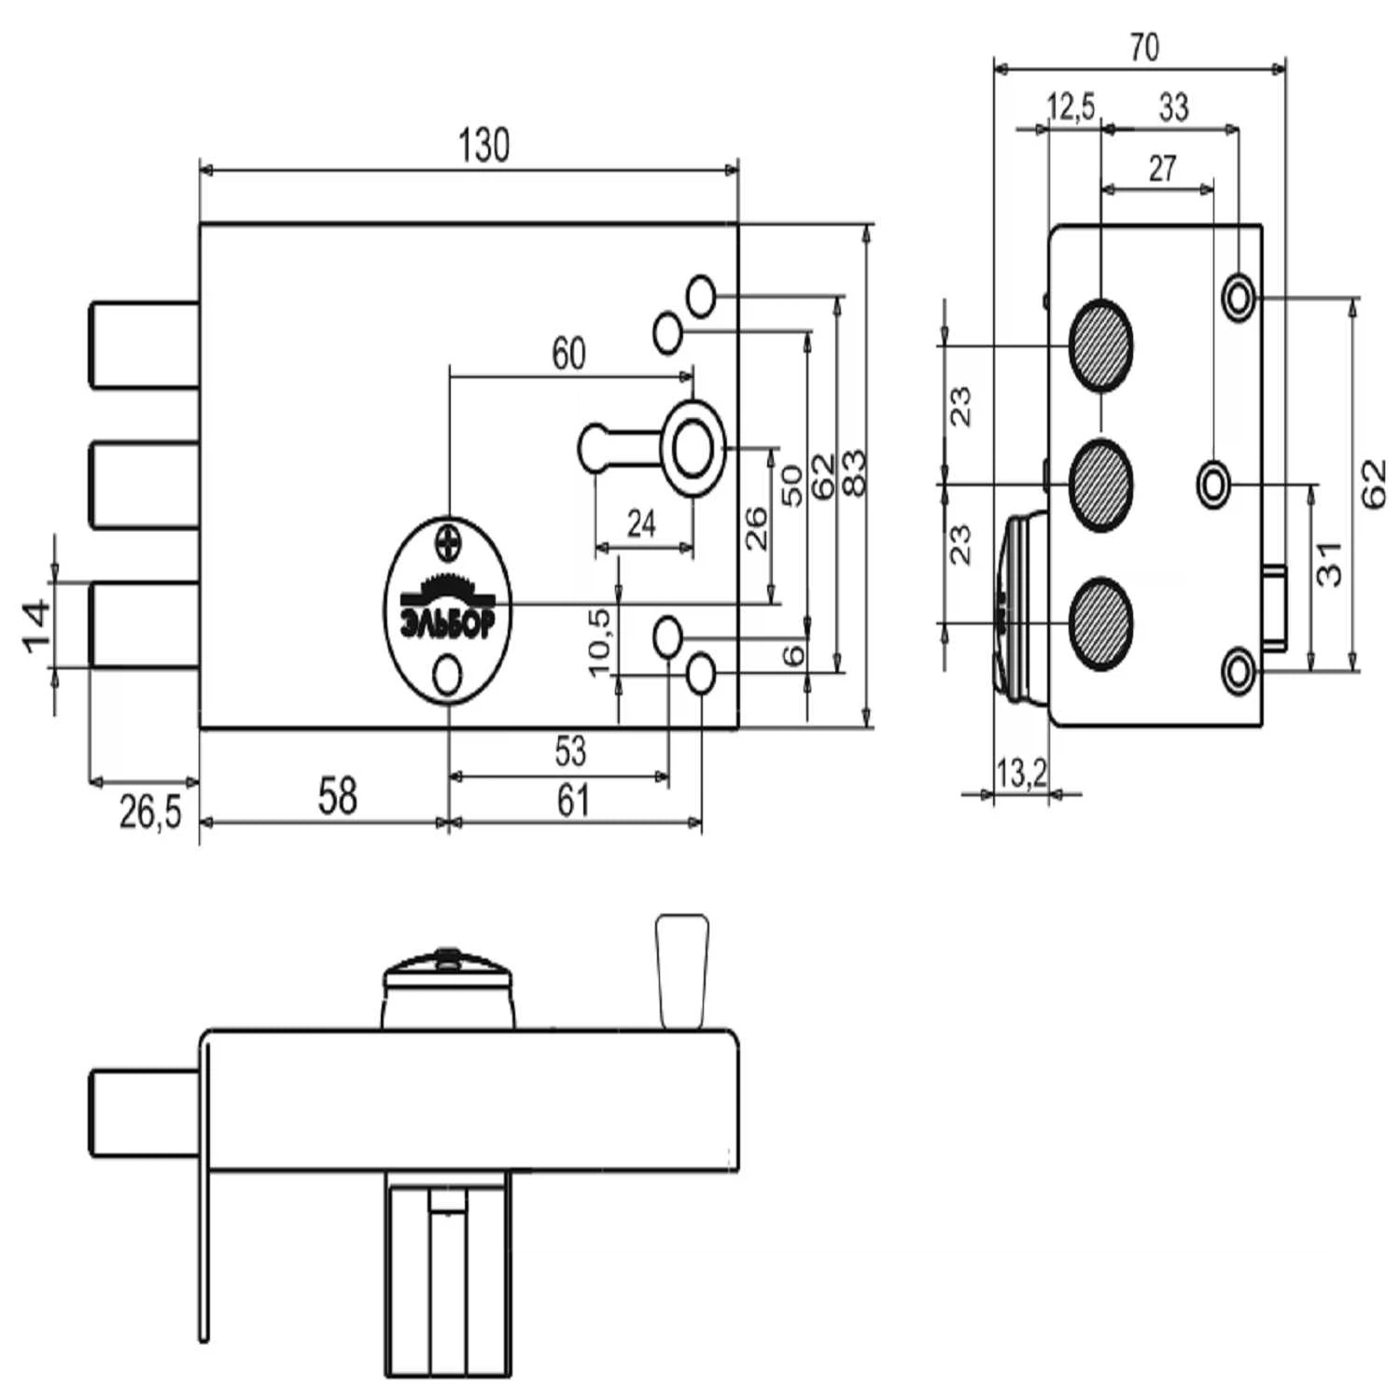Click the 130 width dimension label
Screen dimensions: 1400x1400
coord(483,147)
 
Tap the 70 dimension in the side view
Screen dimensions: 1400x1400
coord(1144,47)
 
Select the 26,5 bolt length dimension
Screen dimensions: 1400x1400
coord(150,812)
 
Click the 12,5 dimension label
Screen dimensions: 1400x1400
coord(1071,107)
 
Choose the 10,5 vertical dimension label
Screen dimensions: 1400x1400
coord(599,641)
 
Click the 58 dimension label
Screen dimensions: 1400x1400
coord(337,796)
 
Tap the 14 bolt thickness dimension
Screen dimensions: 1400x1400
coord(36,626)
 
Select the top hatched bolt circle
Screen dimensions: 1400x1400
coord(1101,344)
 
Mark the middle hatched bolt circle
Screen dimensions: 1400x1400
coord(1101,484)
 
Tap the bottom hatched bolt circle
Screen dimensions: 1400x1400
coord(1101,623)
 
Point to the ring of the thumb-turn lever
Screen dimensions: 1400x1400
coord(693,448)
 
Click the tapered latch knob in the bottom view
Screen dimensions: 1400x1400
coord(682,971)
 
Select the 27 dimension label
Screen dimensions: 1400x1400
coord(1162,169)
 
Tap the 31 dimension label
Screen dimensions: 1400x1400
coord(1329,563)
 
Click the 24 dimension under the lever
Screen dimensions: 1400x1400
coord(641,525)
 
